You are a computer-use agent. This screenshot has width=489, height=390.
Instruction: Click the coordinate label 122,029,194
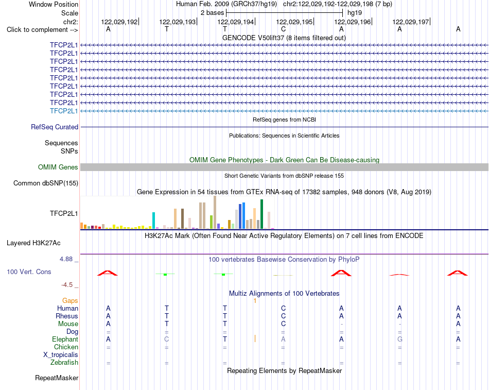(x=235, y=22)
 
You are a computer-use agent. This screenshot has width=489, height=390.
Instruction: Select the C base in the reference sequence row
(x=283, y=29)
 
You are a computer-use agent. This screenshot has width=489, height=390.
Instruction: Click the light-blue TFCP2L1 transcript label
(x=64, y=111)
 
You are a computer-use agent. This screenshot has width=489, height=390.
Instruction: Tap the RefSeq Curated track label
(x=55, y=127)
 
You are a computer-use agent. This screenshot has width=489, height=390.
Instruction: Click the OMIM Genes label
(x=58, y=167)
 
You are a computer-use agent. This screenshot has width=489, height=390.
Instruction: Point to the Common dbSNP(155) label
(x=46, y=183)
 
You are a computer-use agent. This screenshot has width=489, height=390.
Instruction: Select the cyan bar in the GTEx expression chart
(x=153, y=221)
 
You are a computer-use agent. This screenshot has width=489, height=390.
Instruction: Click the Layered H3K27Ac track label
(x=33, y=243)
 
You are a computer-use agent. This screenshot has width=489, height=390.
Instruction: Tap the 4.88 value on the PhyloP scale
(x=66, y=259)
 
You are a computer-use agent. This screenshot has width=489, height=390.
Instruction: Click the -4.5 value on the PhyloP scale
(x=67, y=285)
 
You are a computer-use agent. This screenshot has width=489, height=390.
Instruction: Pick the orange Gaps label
(x=70, y=300)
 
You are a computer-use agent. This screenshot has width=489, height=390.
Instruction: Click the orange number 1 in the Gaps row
(x=255, y=301)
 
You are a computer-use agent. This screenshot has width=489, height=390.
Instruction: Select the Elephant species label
(x=65, y=339)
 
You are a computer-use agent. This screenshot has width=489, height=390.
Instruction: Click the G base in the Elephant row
(x=400, y=339)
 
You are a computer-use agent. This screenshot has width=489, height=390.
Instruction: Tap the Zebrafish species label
(x=64, y=362)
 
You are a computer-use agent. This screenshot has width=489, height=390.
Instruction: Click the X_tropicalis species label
(x=61, y=355)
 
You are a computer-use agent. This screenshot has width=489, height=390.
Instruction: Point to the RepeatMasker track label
(x=57, y=378)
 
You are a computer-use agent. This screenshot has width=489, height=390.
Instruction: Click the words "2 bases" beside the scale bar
(x=212, y=13)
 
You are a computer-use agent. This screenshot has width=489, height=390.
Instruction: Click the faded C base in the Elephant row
(x=167, y=339)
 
